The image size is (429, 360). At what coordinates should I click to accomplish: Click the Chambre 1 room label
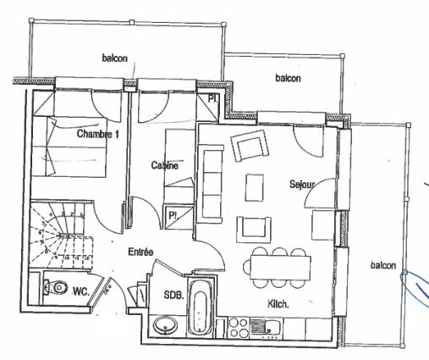[98, 134]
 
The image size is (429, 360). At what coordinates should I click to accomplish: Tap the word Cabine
[165, 165]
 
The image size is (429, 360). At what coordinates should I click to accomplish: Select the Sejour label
[302, 185]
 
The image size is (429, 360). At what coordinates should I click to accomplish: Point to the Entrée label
[140, 252]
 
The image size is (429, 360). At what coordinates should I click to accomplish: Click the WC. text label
[81, 291]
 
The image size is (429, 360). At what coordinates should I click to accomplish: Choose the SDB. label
[173, 295]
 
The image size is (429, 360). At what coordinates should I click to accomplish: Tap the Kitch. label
[278, 304]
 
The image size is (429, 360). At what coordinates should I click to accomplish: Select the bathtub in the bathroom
[200, 307]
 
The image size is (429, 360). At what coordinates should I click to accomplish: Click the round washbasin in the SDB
[165, 326]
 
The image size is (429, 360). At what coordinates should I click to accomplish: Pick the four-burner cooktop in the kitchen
[238, 328]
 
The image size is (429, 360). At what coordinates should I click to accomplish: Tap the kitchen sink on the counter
[265, 328]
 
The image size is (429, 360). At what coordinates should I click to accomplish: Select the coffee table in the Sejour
[255, 187]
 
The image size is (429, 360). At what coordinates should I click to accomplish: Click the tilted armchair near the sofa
[250, 146]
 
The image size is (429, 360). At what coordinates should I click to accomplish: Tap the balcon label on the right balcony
[383, 265]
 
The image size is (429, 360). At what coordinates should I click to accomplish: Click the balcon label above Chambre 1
[114, 58]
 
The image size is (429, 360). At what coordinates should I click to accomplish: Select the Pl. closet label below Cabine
[173, 216]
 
